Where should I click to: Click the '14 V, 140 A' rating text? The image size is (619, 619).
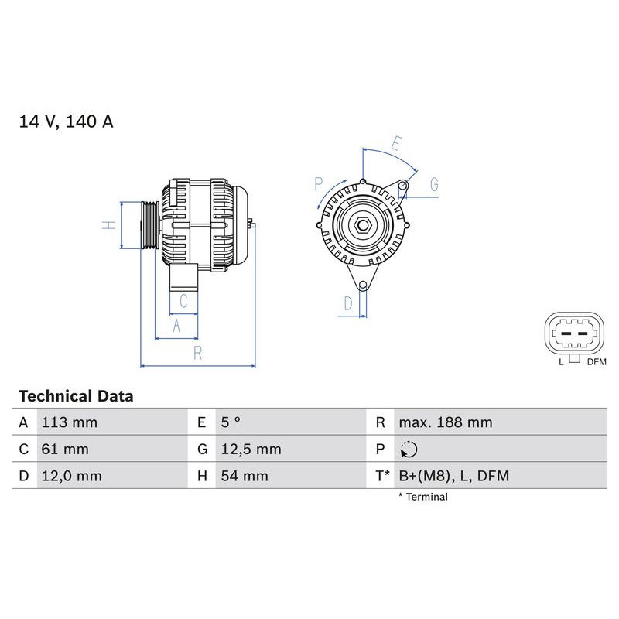pos(66,122)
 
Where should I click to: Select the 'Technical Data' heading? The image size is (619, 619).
pos(76,396)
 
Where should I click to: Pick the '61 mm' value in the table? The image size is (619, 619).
pos(64,449)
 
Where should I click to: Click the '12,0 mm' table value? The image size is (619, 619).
pos(71,476)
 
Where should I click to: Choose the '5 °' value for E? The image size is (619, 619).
pos(231,422)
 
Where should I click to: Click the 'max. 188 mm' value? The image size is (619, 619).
pos(445,422)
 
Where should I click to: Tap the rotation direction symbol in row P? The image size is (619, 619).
pos(409,449)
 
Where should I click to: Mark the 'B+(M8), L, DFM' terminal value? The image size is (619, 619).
pos(453,476)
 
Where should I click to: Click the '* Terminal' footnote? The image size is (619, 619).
pos(422,497)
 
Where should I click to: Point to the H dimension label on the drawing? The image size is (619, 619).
pos(110,225)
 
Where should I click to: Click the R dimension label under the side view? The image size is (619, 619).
pos(198,354)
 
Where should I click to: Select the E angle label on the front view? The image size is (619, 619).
pos(395,144)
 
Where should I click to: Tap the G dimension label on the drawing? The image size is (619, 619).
pos(434,184)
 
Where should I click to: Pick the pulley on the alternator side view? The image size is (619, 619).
pos(149,226)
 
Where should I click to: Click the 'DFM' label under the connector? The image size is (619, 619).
pos(596,361)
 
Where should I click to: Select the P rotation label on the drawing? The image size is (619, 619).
pos(318,183)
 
